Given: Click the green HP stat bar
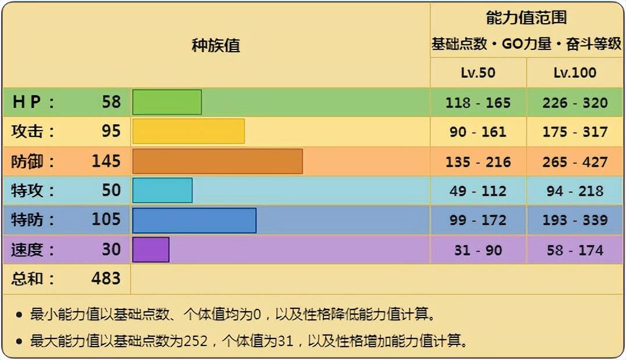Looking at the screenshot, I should tap(167, 102).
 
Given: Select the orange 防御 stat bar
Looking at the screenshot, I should tap(217, 161).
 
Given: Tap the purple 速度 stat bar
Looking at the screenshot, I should tap(150, 250).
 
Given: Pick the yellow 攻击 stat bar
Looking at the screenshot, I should tap(188, 131).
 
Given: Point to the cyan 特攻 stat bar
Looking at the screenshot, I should tap(162, 190).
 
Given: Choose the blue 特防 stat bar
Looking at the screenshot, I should tap(194, 220).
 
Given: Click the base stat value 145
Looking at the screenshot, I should tap(106, 161).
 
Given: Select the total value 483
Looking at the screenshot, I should tap(106, 279).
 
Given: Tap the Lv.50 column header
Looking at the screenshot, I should tap(478, 73).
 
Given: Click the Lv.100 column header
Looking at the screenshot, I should tap(574, 73).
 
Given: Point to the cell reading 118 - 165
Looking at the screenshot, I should tap(478, 103).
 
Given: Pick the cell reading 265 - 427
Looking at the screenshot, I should tap(575, 161).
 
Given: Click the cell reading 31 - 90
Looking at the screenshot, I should tap(478, 250).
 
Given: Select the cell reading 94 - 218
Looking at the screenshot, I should tap(575, 191).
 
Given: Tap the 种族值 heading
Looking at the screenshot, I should tap(215, 45).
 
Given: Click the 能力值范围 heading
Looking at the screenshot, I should tap(526, 18).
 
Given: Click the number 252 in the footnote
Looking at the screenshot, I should tap(195, 341).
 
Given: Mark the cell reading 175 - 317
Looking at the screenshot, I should tap(575, 132).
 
